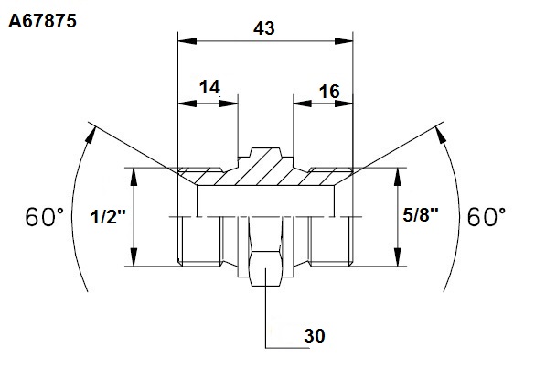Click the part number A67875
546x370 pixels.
point(42,21)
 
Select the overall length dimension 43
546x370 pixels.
point(264,28)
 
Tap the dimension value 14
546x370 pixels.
point(209,87)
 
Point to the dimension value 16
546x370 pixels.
point(329,92)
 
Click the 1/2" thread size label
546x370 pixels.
point(108,217)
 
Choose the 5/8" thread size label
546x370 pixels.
point(421,215)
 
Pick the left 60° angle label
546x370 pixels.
point(45,217)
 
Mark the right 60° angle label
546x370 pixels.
point(487,217)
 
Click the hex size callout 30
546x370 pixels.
point(315,336)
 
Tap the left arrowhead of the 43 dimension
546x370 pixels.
point(187,41)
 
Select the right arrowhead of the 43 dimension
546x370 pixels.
point(344,41)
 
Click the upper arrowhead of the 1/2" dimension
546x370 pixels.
point(134,177)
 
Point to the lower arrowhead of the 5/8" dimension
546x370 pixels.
point(398,257)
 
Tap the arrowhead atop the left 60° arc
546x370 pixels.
point(91,135)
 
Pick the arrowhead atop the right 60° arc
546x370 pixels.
point(441,135)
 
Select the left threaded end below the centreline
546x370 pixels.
point(199,241)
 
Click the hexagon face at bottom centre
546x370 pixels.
point(265,267)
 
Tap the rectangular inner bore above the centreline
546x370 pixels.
point(266,201)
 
